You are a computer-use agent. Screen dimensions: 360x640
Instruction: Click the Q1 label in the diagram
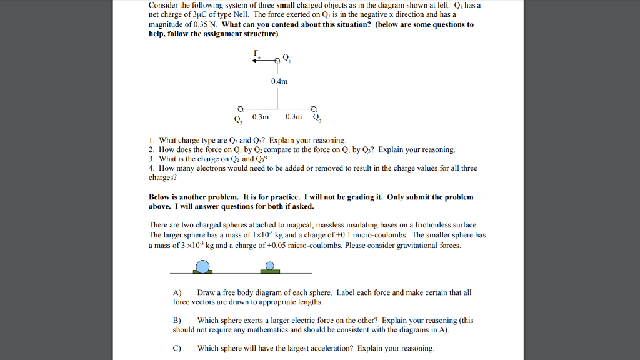click(287, 58)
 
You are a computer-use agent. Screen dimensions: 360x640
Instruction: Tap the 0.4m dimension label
click(279, 81)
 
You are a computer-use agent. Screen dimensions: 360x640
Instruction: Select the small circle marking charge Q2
click(240, 107)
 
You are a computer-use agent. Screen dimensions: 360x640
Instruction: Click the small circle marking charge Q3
click(314, 107)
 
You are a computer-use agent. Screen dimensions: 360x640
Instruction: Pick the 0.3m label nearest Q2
click(260, 116)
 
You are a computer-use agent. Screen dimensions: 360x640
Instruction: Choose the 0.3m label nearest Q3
click(294, 116)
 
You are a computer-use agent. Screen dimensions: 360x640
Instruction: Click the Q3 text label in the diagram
click(317, 117)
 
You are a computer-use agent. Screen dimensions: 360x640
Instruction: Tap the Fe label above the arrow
click(256, 52)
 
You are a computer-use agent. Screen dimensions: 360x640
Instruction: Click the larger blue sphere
click(202, 267)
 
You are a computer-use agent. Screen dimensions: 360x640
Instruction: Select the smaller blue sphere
click(270, 266)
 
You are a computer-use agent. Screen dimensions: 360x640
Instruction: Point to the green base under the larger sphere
click(202, 272)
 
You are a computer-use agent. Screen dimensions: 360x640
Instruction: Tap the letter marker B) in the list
click(177, 321)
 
